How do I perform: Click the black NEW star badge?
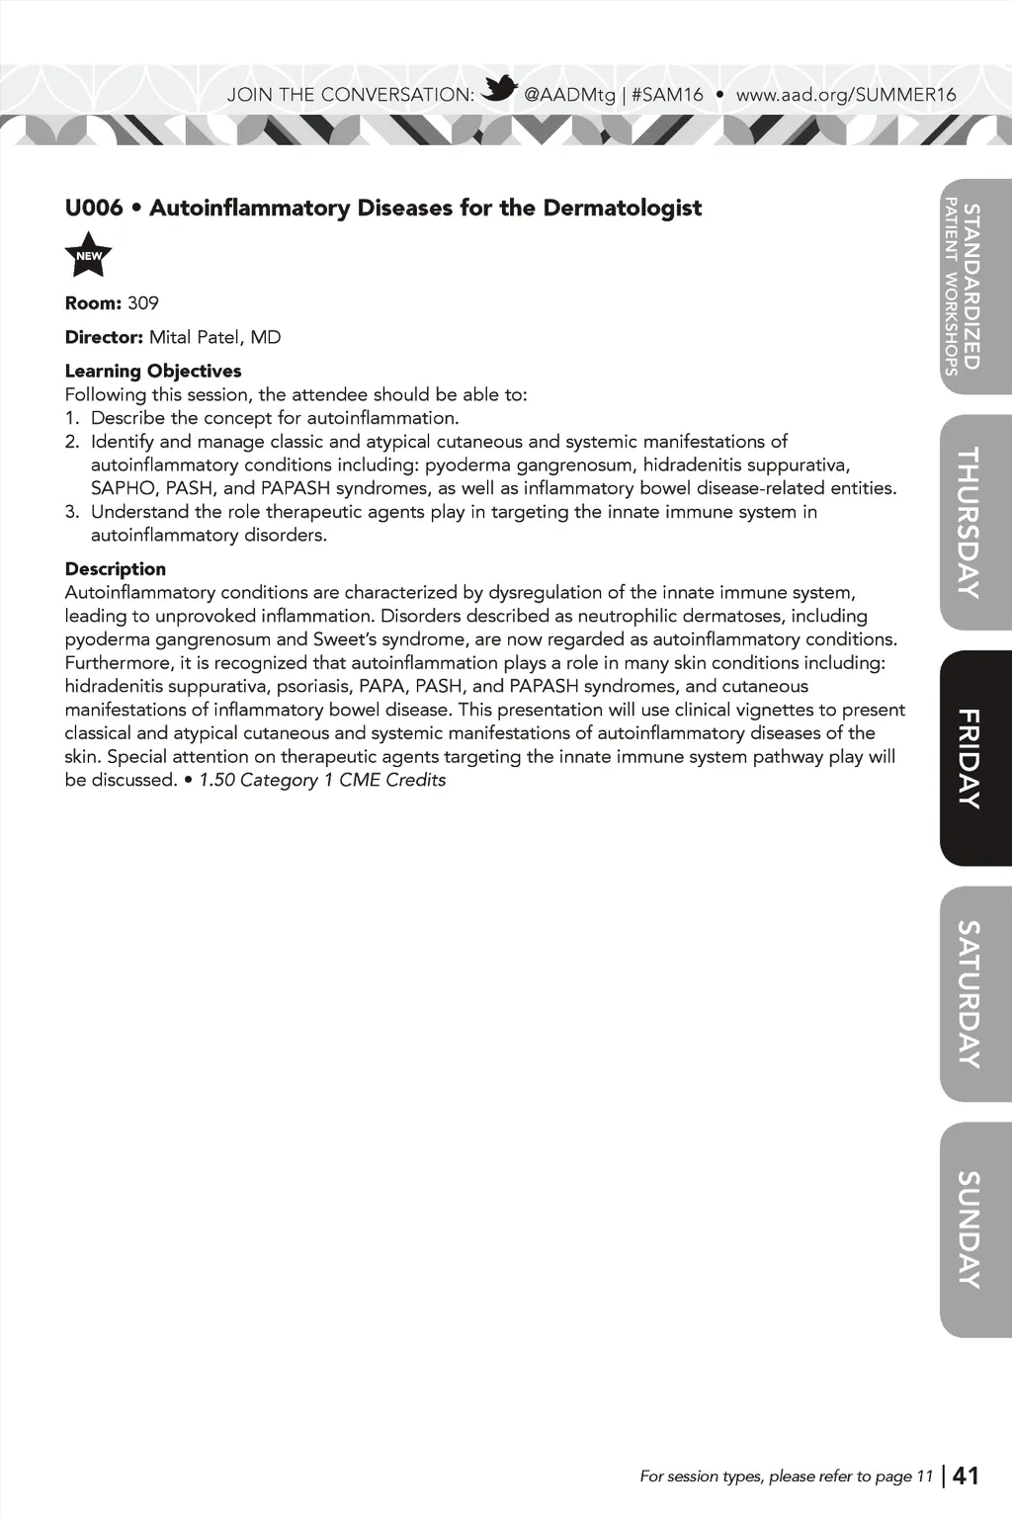(89, 256)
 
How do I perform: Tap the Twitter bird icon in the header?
(500, 90)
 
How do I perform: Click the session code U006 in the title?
(94, 208)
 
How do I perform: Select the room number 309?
(143, 303)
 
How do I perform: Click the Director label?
(104, 337)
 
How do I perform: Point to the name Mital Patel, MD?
(215, 337)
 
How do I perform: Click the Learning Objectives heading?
(153, 371)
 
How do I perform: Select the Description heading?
(116, 568)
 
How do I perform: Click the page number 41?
(966, 1476)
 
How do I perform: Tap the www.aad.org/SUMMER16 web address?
(846, 95)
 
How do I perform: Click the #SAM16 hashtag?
(667, 95)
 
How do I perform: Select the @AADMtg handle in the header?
(569, 95)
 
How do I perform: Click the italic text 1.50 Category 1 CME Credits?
(322, 780)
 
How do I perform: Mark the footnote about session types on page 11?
(786, 1476)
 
